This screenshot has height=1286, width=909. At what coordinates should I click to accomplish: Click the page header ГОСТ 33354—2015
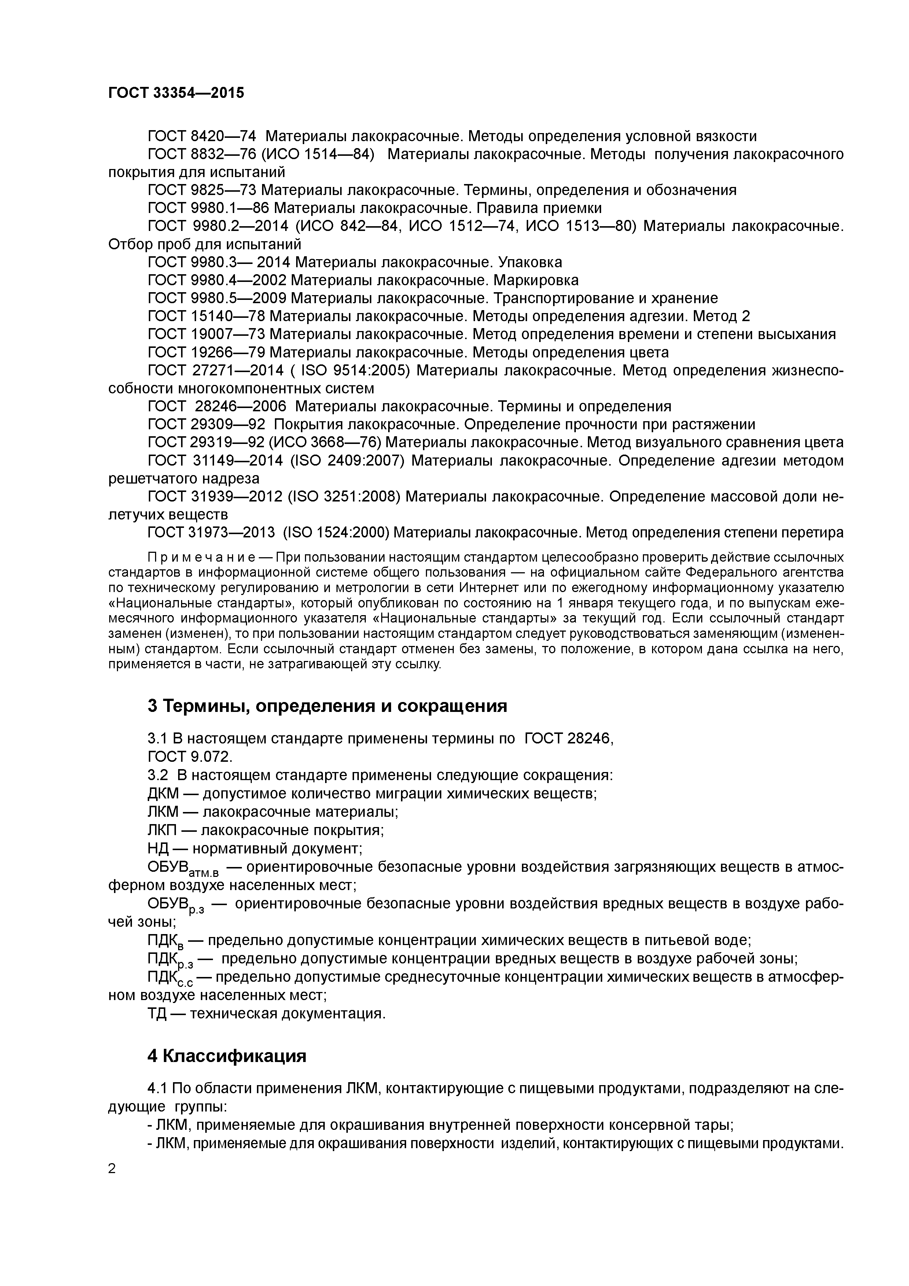(176, 93)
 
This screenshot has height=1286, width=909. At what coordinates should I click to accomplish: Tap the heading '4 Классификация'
(227, 1056)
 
